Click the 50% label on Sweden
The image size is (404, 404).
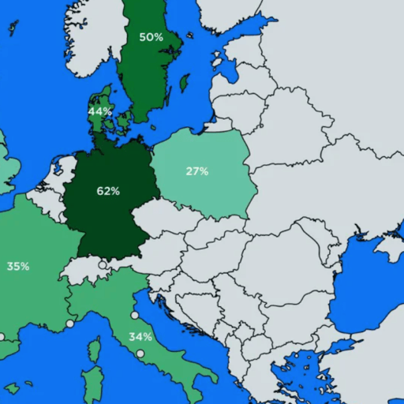pyautogui.click(x=151, y=37)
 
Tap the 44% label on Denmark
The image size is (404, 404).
pyautogui.click(x=99, y=111)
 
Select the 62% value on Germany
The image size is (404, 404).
pyautogui.click(x=108, y=191)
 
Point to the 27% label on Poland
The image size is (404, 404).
pyautogui.click(x=197, y=171)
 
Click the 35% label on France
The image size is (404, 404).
pyautogui.click(x=18, y=267)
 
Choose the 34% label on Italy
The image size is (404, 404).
pyautogui.click(x=140, y=337)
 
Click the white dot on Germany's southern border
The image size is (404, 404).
pyautogui.click(x=103, y=265)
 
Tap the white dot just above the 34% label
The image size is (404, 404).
pyautogui.click(x=135, y=316)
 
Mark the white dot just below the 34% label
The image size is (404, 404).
pyautogui.click(x=140, y=353)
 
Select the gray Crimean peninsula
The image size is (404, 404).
pyautogui.click(x=386, y=247)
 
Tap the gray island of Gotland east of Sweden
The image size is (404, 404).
pyautogui.click(x=185, y=82)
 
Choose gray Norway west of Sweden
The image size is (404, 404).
pyautogui.click(x=95, y=39)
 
